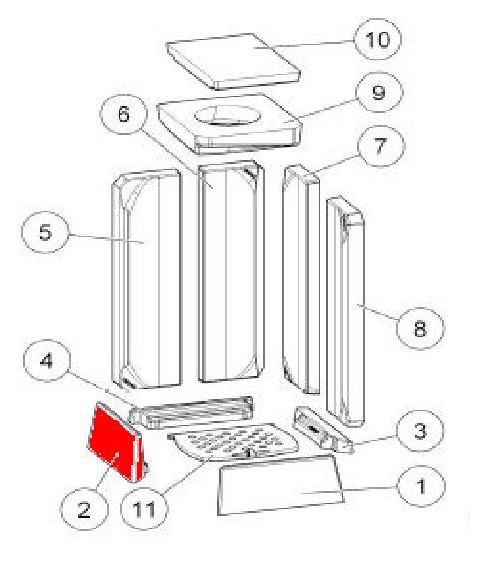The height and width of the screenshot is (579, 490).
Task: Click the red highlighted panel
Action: pyautogui.click(x=114, y=442)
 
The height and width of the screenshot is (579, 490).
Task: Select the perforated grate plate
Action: pyautogui.click(x=233, y=442)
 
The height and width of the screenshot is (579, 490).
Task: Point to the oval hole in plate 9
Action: pyautogui.click(x=228, y=115)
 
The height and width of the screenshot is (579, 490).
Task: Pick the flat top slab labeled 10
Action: pyautogui.click(x=233, y=61)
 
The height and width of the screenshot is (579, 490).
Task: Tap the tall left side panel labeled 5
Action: pyautogui.click(x=146, y=279)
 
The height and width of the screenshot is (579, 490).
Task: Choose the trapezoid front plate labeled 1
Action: pyautogui.click(x=280, y=484)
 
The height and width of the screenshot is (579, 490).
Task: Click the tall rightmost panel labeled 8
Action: pyautogui.click(x=346, y=311)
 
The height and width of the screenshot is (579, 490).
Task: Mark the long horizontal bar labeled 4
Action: pyautogui.click(x=192, y=412)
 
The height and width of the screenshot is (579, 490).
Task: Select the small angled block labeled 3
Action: pyautogui.click(x=323, y=430)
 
